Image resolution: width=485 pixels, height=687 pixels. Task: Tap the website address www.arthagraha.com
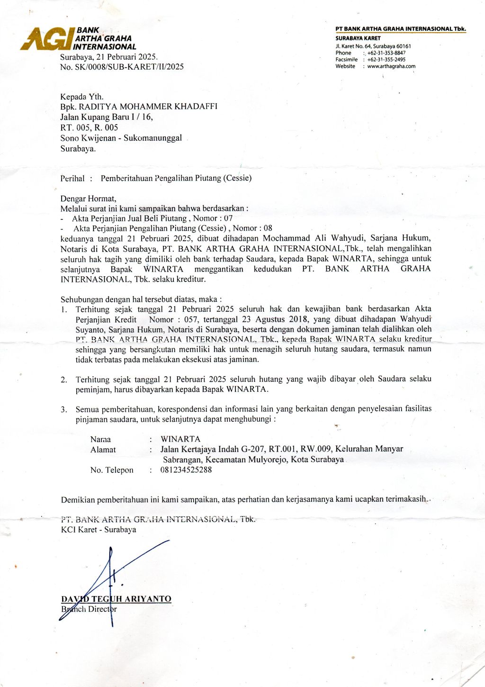(391, 66)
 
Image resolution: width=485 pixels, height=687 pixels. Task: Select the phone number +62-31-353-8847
(386, 53)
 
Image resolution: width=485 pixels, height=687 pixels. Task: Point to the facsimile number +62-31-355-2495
(386, 60)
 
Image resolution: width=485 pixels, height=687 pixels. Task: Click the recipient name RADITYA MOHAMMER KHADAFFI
(148, 107)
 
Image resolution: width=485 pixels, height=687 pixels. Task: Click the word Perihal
(72, 179)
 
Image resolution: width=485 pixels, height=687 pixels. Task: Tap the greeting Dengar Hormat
(88, 199)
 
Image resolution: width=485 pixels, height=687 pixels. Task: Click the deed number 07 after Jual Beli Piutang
(228, 218)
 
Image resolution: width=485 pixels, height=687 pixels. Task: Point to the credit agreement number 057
(191, 319)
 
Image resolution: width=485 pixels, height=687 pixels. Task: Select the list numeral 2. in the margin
(64, 380)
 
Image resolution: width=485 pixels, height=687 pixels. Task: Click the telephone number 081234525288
(186, 470)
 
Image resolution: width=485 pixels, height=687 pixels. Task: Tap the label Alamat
(103, 450)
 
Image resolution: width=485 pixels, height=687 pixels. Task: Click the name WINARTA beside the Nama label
(180, 439)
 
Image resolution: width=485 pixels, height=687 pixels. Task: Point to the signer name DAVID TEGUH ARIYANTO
(116, 599)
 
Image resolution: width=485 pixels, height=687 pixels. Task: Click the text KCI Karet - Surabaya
(99, 530)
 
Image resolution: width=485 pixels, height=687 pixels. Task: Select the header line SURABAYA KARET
(358, 38)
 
